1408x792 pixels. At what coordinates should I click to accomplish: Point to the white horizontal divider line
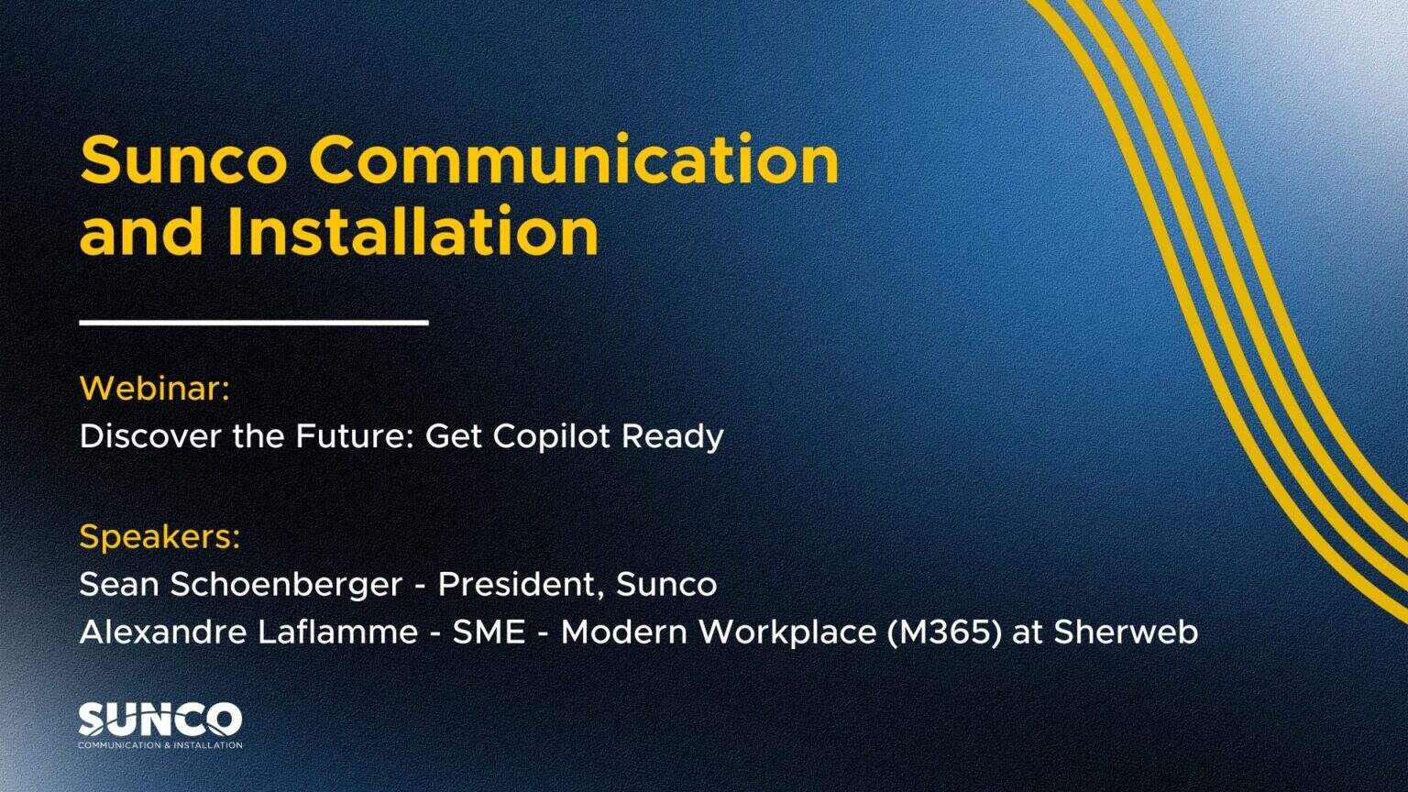[254, 322]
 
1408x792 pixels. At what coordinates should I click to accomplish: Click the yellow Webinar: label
[154, 389]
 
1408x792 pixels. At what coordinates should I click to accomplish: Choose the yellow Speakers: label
[159, 537]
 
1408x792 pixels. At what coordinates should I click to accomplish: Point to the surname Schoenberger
[286, 585]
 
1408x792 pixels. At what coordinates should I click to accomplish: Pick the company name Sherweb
[1126, 632]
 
